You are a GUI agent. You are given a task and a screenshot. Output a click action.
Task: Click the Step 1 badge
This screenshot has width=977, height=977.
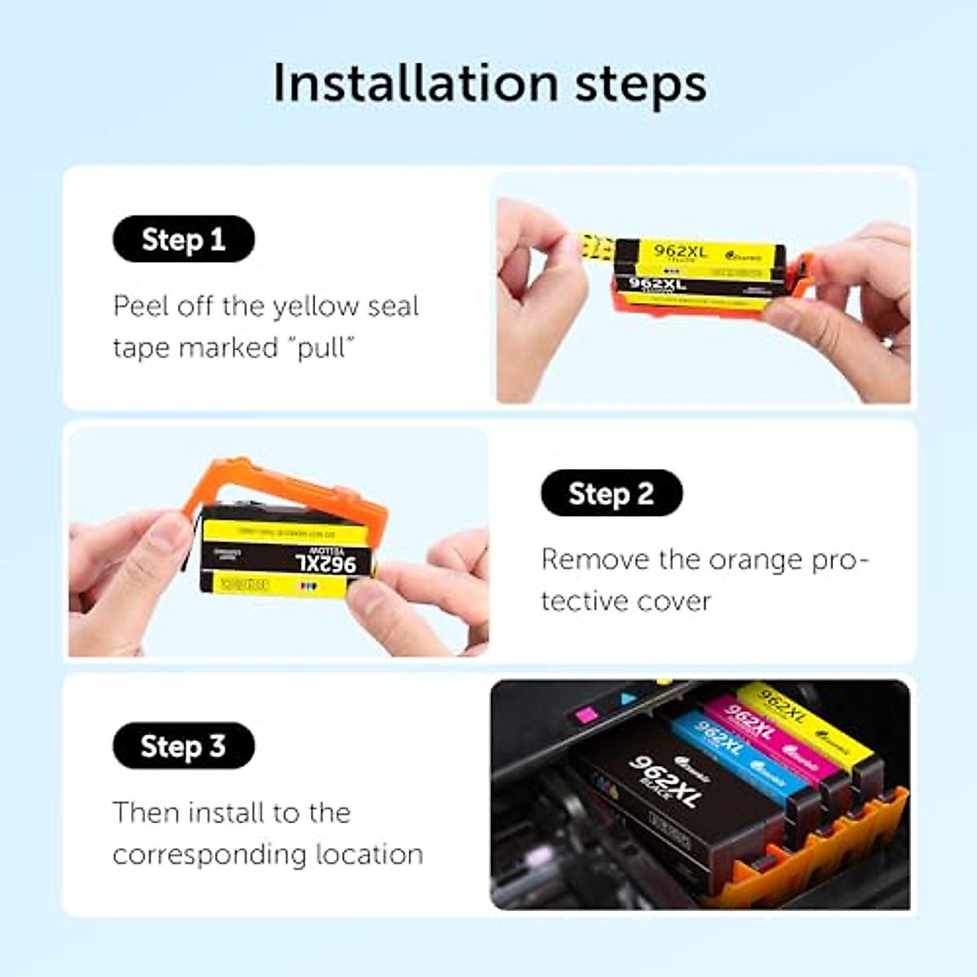183,239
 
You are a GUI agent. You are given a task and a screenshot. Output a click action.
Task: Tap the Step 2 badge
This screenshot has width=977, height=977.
611,493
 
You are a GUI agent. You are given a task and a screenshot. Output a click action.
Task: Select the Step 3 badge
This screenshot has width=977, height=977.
183,747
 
